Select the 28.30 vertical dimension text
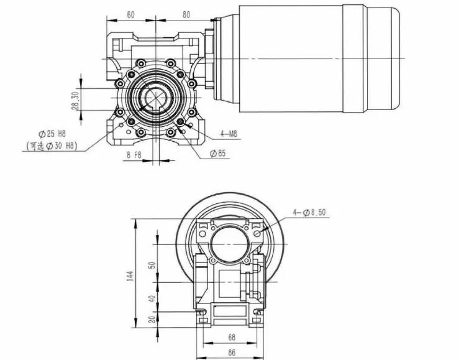point(75,99)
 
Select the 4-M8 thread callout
point(230,133)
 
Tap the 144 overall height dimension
point(130,276)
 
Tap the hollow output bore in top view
point(153,99)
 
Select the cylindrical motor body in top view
point(292,58)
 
